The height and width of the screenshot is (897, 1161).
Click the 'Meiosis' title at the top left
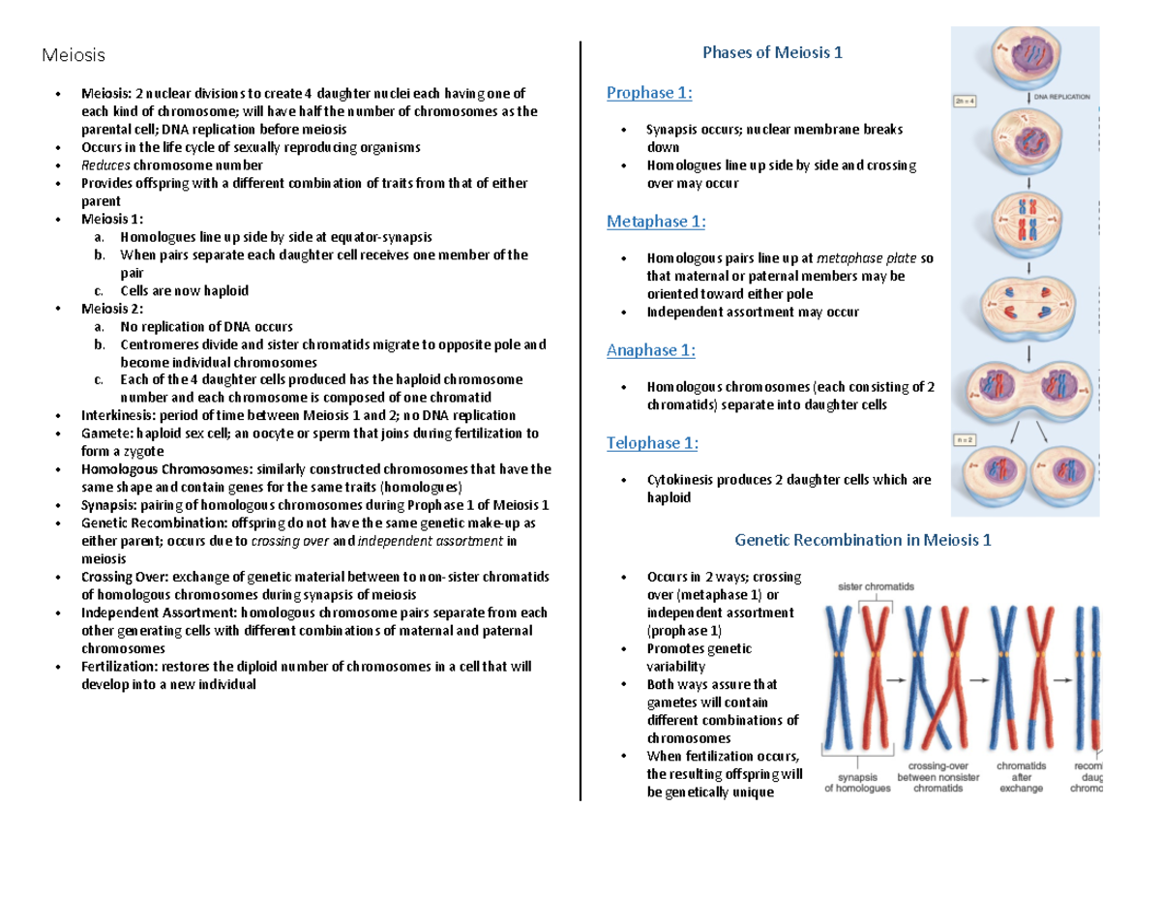click(x=73, y=54)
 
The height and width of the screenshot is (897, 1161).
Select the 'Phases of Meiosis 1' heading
click(x=772, y=53)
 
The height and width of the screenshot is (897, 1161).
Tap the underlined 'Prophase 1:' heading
click(x=649, y=93)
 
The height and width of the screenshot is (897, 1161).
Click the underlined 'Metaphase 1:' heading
click(x=656, y=223)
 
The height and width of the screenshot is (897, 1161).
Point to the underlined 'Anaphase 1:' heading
click(x=650, y=350)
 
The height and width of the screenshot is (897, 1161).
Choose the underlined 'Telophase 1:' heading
click(x=652, y=444)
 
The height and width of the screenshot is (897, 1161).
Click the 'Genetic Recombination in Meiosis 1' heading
click(x=863, y=540)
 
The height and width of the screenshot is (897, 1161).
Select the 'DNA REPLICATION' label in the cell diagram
click(x=1061, y=97)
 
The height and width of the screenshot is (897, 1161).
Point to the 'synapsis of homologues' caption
click(x=857, y=782)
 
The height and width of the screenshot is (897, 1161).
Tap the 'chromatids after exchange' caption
click(x=1022, y=777)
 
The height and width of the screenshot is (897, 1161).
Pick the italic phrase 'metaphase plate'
click(x=867, y=259)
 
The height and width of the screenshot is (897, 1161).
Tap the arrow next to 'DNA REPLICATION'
click(x=1027, y=97)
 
